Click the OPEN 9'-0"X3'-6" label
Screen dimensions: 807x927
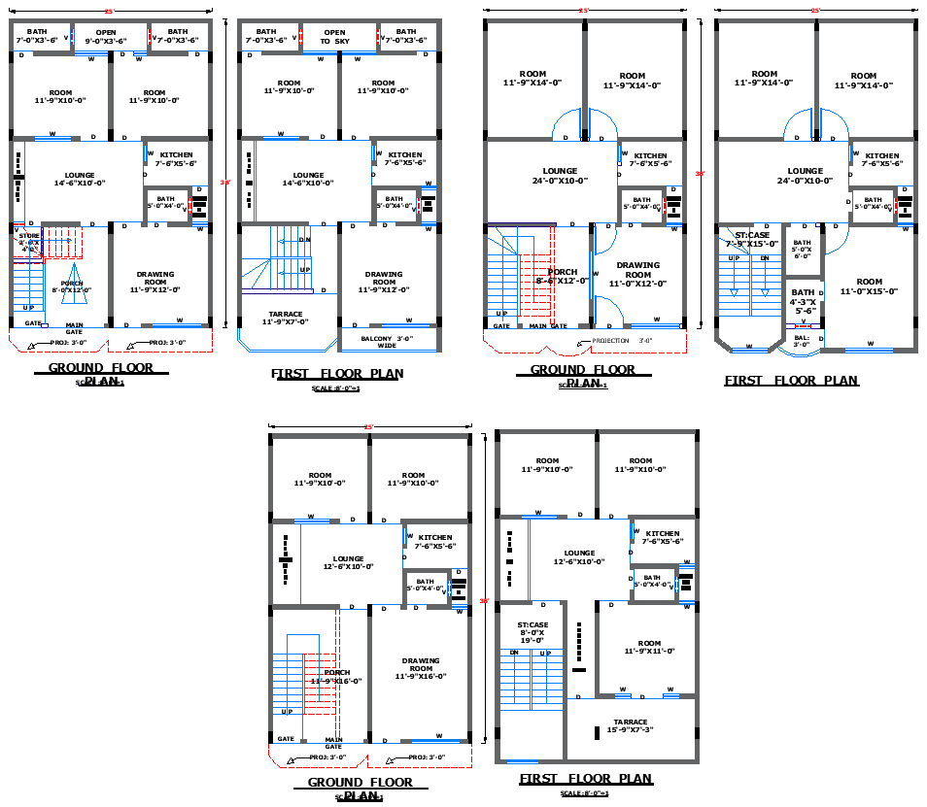click(x=105, y=36)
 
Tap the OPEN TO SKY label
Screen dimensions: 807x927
click(x=334, y=36)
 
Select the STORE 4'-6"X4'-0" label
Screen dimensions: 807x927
click(x=28, y=242)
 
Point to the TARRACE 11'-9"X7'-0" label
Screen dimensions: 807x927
click(x=286, y=318)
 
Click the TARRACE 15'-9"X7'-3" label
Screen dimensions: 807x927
click(x=630, y=725)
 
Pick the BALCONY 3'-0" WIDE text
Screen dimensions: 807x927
click(x=386, y=341)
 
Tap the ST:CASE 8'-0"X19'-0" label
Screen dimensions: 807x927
click(x=532, y=632)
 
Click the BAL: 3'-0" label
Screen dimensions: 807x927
click(x=802, y=341)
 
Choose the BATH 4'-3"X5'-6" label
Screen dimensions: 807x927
click(x=804, y=301)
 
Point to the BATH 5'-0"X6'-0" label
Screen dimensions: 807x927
click(x=802, y=250)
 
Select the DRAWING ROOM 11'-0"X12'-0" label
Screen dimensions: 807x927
click(x=638, y=274)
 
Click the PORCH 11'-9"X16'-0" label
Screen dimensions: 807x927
click(x=336, y=677)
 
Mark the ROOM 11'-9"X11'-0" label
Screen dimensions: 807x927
click(x=649, y=647)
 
